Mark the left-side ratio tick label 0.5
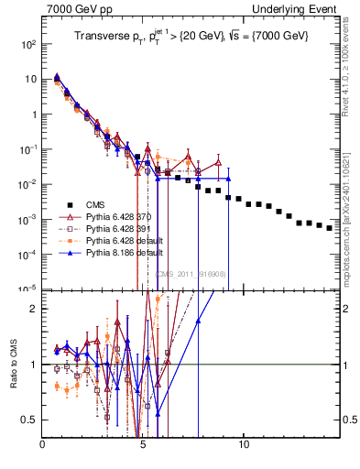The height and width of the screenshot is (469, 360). coord(32,420)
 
